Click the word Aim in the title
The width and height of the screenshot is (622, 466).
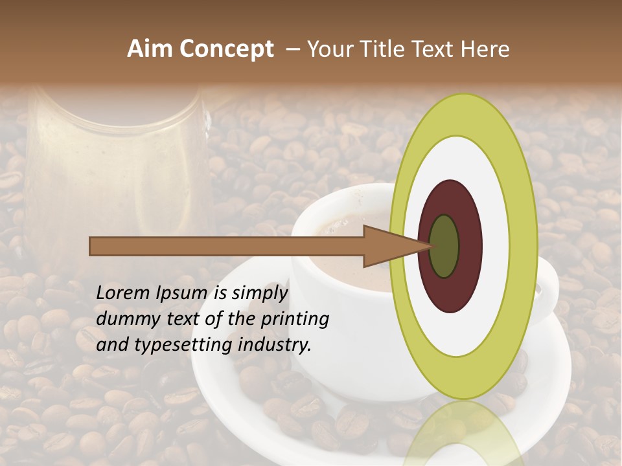pos(150,49)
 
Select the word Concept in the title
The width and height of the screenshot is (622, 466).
pos(225,49)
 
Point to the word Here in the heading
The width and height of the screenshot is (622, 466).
pos(485,49)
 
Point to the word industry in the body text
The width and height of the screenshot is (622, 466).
pos(274,345)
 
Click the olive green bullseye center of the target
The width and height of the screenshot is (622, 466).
pos(444,246)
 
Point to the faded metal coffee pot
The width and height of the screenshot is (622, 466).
pos(117,162)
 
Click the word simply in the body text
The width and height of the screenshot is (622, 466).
pos(259,293)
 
